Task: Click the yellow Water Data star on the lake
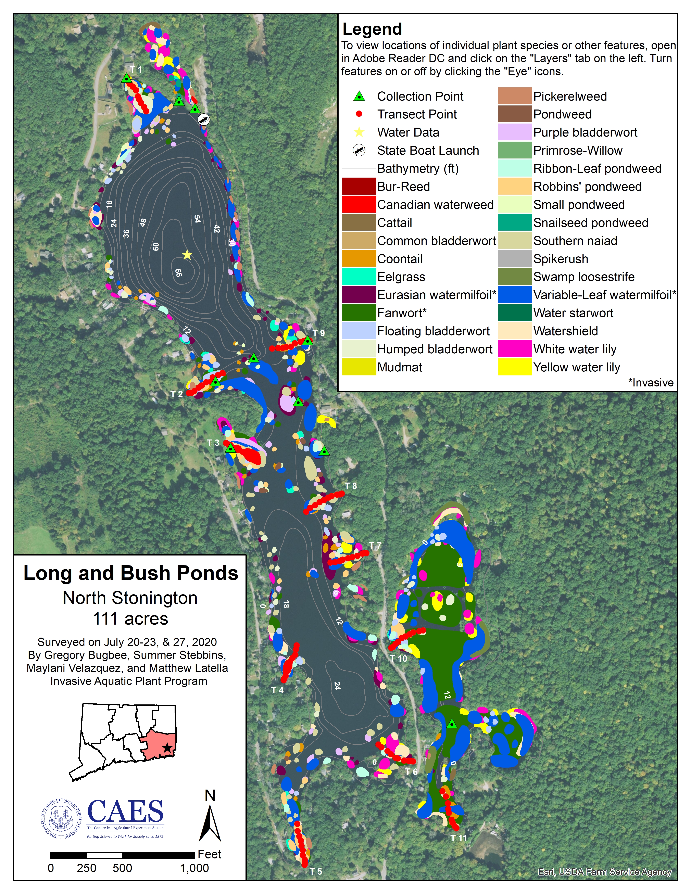pyautogui.click(x=187, y=255)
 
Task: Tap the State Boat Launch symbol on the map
pyautogui.click(x=203, y=119)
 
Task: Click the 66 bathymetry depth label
pyautogui.click(x=178, y=273)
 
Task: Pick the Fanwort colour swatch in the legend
pyautogui.click(x=359, y=313)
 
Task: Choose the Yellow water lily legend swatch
pyautogui.click(x=515, y=367)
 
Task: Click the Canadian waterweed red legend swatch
pyautogui.click(x=359, y=204)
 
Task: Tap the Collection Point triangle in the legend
pyautogui.click(x=359, y=97)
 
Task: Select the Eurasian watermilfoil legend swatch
pyautogui.click(x=359, y=295)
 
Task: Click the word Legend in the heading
pyautogui.click(x=372, y=29)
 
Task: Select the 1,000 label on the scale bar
pyautogui.click(x=194, y=868)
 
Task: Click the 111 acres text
pyautogui.click(x=130, y=618)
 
